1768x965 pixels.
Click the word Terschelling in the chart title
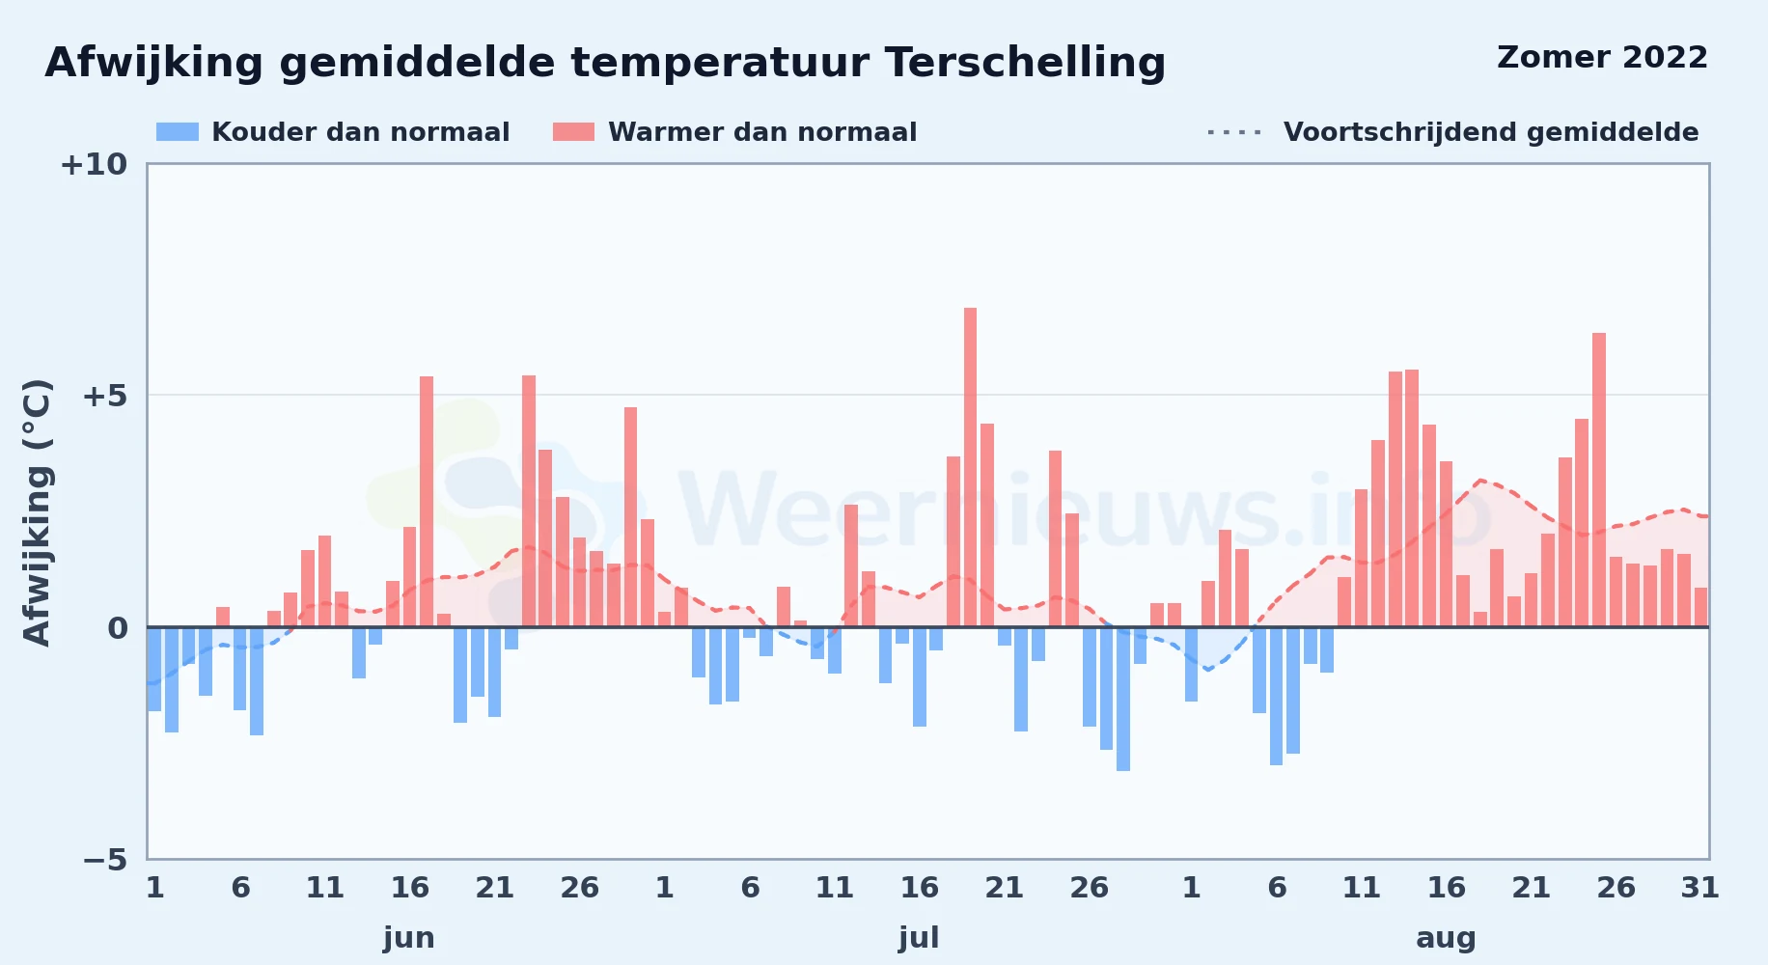pyautogui.click(x=1025, y=63)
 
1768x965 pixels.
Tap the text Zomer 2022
pyautogui.click(x=1602, y=57)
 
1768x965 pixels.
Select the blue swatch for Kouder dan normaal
pyautogui.click(x=178, y=132)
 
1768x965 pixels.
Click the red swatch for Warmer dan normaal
pyautogui.click(x=573, y=132)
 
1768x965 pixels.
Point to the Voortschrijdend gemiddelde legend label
pyautogui.click(x=1491, y=132)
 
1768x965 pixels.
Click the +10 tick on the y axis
pyautogui.click(x=94, y=164)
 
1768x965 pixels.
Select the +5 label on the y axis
pyautogui.click(x=104, y=396)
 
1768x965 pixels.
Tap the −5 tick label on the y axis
pyautogui.click(x=105, y=859)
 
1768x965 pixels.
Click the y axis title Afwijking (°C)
pyautogui.click(x=37, y=511)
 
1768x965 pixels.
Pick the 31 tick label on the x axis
pyautogui.click(x=1699, y=887)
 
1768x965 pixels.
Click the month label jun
pyautogui.click(x=409, y=938)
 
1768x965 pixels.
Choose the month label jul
pyautogui.click(x=919, y=938)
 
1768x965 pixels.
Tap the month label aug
pyautogui.click(x=1446, y=938)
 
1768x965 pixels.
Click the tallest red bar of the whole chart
pyautogui.click(x=970, y=467)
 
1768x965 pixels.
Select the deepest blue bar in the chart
pyautogui.click(x=1123, y=699)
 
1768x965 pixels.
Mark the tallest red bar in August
pyautogui.click(x=1599, y=480)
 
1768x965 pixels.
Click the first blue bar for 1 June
pyautogui.click(x=154, y=669)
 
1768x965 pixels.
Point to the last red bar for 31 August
pyautogui.click(x=1700, y=607)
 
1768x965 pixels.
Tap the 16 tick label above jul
pyautogui.click(x=919, y=887)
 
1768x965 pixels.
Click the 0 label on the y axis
pyautogui.click(x=118, y=628)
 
